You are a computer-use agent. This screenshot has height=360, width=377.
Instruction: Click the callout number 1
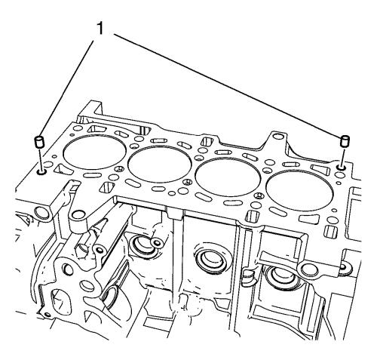click(100, 28)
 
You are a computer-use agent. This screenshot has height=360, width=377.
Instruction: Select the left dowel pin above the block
click(38, 142)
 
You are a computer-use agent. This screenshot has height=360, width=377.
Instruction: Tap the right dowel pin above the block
click(344, 141)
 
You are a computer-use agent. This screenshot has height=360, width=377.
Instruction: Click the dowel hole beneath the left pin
click(41, 172)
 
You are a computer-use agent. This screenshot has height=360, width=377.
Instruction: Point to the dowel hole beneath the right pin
click(341, 167)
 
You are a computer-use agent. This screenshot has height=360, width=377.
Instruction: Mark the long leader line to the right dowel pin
click(228, 85)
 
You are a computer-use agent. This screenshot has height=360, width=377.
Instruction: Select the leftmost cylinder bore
click(94, 152)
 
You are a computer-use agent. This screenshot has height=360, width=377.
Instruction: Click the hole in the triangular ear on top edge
click(277, 137)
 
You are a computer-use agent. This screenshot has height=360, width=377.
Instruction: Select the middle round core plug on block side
click(210, 260)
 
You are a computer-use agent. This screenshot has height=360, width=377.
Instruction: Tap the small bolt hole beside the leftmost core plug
click(158, 243)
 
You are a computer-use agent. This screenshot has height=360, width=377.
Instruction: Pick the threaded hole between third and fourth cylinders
click(258, 195)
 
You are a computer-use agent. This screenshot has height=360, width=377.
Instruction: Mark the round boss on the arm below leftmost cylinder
click(78, 215)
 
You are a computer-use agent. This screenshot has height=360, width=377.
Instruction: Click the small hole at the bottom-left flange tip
click(48, 314)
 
